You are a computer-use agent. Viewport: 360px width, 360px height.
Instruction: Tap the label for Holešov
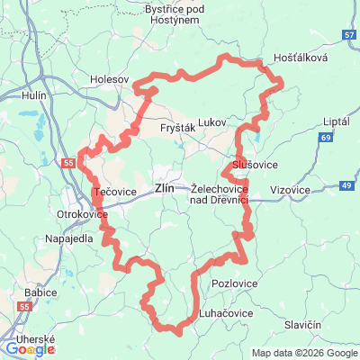[110, 79]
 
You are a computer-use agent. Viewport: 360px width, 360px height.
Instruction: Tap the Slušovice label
[255, 166]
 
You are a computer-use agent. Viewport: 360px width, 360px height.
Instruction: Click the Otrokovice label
[82, 215]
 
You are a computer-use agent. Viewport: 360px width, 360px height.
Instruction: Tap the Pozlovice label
[233, 283]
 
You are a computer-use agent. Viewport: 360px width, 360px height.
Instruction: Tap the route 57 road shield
[349, 34]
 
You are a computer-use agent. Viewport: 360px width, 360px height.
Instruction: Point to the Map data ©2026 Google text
[304, 353]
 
